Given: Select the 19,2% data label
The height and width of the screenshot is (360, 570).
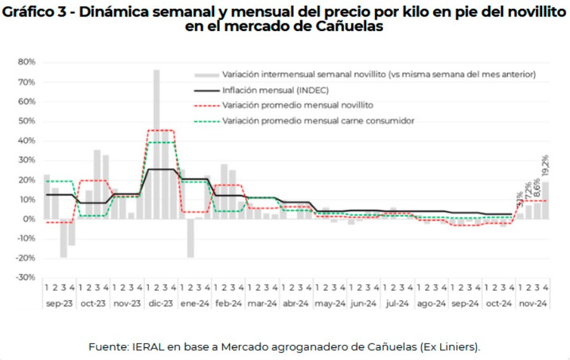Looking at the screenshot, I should [545, 165].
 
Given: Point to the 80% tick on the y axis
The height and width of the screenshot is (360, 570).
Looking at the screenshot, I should [27, 62].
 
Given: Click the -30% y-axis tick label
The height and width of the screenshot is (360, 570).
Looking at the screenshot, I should [26, 278].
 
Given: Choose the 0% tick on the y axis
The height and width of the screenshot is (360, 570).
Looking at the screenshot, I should [29, 219].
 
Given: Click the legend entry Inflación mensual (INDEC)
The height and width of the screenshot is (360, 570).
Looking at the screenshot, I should [275, 89].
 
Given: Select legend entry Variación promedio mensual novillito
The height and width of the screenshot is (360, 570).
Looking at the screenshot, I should [297, 105].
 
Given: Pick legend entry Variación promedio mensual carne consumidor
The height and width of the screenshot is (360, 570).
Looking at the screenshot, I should [318, 120].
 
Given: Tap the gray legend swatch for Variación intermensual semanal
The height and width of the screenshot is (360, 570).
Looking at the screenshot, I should [206, 74].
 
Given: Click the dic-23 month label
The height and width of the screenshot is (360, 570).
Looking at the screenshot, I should [161, 304].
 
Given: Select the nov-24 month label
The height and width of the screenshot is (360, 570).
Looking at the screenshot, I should [533, 304].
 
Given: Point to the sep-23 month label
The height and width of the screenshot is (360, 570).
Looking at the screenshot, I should [59, 304].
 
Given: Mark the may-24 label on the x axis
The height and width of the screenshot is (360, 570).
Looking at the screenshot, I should [330, 304].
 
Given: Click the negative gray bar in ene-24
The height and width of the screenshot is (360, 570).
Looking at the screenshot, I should [190, 238].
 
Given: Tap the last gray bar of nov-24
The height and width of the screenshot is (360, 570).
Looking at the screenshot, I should [545, 200].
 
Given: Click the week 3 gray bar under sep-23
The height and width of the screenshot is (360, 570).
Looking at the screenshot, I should [63, 238].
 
